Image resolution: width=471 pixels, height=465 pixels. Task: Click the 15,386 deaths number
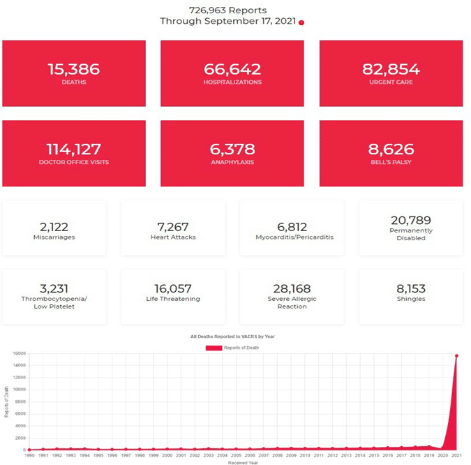click(73, 69)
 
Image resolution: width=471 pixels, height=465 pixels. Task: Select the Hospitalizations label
click(232, 82)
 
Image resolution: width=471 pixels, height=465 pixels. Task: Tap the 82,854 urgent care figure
click(391, 69)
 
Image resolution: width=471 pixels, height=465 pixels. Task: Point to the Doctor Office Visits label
click(74, 163)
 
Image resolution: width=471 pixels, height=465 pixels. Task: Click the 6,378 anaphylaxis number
click(232, 149)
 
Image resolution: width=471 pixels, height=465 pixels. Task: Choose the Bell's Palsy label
click(391, 163)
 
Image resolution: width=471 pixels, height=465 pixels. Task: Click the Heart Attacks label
click(172, 237)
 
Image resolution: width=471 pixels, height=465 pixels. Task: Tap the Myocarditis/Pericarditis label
click(292, 237)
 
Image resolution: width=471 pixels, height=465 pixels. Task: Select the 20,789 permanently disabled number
click(411, 220)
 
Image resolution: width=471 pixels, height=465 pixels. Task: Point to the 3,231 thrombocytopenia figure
click(54, 288)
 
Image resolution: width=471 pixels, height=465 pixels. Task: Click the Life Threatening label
click(172, 299)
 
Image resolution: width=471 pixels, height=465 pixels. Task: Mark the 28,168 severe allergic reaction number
click(292, 288)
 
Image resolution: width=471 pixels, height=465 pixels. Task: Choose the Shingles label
click(411, 299)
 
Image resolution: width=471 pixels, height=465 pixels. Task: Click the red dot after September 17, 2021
click(301, 22)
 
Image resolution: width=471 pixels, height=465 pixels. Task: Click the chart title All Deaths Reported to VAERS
click(232, 337)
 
